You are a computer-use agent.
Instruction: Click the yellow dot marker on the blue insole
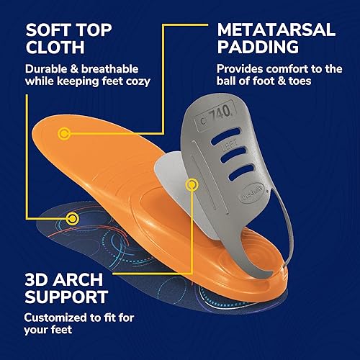point(71,217)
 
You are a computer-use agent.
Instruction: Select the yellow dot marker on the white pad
point(191,185)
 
